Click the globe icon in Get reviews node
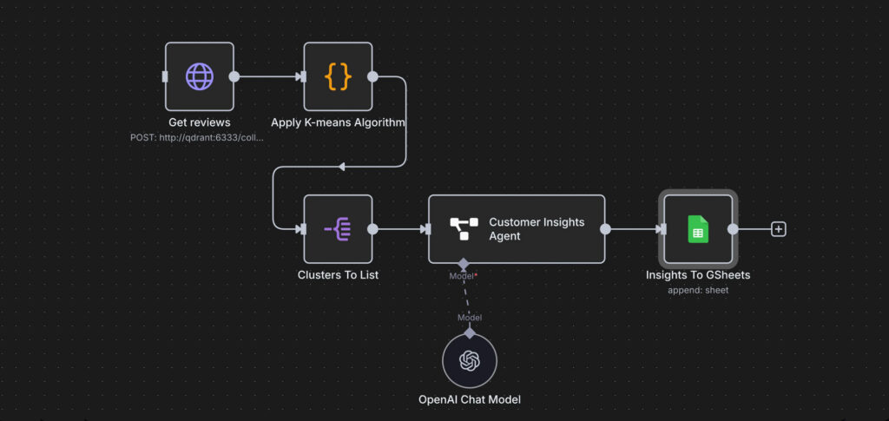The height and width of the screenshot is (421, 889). pyautogui.click(x=200, y=76)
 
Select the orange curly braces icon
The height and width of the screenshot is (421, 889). pyautogui.click(x=338, y=76)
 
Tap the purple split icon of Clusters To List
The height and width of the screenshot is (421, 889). pyautogui.click(x=338, y=229)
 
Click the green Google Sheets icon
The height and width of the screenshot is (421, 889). pyautogui.click(x=698, y=229)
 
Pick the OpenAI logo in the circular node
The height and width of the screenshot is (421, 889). pyautogui.click(x=470, y=360)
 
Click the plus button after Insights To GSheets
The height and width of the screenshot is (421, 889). pyautogui.click(x=779, y=229)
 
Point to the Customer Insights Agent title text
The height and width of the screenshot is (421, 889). pyautogui.click(x=537, y=229)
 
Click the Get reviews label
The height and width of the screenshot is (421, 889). pyautogui.click(x=200, y=122)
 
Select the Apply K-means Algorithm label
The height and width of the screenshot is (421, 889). pyautogui.click(x=338, y=122)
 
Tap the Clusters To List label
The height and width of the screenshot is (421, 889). pyautogui.click(x=338, y=275)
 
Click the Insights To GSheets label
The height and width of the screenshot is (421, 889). pyautogui.click(x=698, y=275)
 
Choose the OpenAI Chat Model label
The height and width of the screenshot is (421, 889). pyautogui.click(x=470, y=399)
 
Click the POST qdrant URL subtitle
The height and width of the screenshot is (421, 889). pyautogui.click(x=197, y=137)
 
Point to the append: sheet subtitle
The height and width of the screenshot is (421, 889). pyautogui.click(x=698, y=290)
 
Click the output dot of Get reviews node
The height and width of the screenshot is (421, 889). pyautogui.click(x=234, y=76)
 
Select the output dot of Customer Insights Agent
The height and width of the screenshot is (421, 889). pyautogui.click(x=605, y=229)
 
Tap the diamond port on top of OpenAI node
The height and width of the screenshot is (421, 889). pyautogui.click(x=470, y=333)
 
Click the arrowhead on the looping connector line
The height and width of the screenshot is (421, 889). pyautogui.click(x=341, y=167)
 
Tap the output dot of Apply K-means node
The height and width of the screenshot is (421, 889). pyautogui.click(x=372, y=76)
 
